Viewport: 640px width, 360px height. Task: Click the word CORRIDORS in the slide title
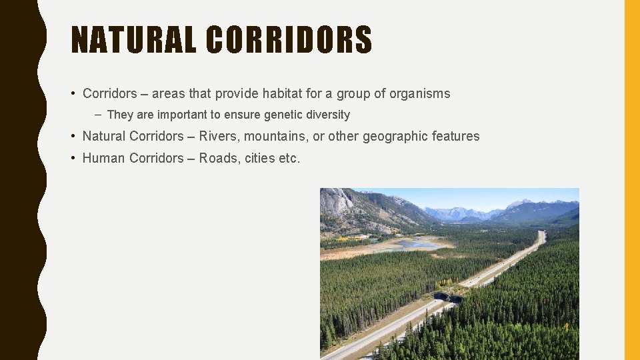click(289, 40)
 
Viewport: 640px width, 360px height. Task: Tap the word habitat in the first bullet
click(293, 93)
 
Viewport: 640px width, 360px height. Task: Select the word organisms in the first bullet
click(417, 93)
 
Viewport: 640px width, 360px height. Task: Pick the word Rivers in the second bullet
click(219, 136)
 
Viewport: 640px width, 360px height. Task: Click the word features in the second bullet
click(456, 136)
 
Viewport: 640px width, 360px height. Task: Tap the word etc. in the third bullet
click(290, 158)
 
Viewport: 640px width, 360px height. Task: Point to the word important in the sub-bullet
click(180, 115)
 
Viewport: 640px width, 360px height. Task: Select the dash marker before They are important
click(97, 115)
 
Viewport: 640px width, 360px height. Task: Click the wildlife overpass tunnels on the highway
click(447, 297)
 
